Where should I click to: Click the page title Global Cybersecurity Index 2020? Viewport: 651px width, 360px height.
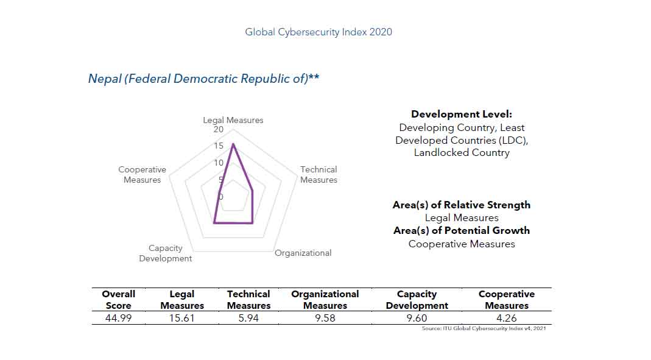pos(318,32)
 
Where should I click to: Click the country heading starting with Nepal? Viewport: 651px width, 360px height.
pos(203,79)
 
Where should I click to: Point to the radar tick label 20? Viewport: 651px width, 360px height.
pos(219,130)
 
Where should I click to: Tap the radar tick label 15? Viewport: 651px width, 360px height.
pos(219,146)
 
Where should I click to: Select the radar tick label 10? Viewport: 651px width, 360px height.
pos(219,163)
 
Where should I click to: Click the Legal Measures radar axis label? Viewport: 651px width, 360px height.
pos(233,120)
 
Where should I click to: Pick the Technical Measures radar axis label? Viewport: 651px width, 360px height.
pos(318,175)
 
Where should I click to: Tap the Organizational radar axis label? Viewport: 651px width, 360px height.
pos(303,253)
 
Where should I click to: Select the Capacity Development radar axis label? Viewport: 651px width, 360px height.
pos(165,253)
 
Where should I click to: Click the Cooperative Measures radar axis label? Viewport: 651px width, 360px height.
pos(142,175)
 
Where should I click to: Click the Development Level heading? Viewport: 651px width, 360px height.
pos(462,115)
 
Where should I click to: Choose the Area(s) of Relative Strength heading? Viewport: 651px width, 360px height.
pos(461,205)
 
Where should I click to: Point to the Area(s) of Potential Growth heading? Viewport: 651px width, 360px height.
pos(461,230)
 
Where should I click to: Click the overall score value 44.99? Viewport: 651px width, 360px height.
pos(118,318)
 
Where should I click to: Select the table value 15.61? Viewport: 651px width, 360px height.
pos(181,318)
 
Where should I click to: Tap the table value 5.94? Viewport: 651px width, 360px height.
pos(248,318)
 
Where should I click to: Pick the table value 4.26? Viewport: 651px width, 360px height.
pos(506,318)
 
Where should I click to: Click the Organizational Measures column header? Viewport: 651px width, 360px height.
pos(325,300)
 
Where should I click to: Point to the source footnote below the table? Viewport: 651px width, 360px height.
pos(485,329)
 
